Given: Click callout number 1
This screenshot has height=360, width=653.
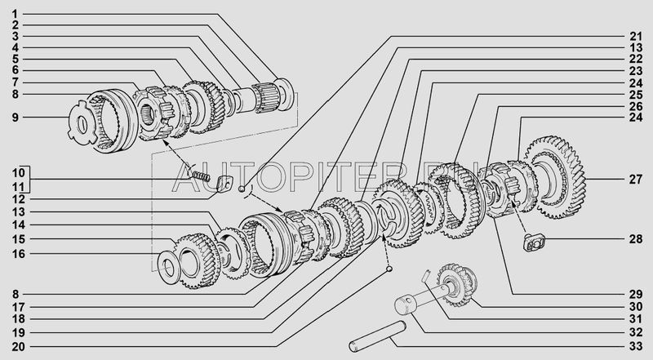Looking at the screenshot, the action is pyautogui.click(x=15, y=14).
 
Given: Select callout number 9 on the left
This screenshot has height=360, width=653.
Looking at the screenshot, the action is pyautogui.click(x=15, y=117).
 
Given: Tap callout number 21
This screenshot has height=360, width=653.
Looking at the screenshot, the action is pyautogui.click(x=636, y=36).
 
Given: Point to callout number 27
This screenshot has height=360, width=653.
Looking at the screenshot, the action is pyautogui.click(x=636, y=180).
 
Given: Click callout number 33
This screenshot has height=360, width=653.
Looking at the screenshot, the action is pyautogui.click(x=636, y=346).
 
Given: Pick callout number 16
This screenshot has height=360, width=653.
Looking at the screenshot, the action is pyautogui.click(x=18, y=253).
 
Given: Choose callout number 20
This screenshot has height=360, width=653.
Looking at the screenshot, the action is pyautogui.click(x=18, y=346).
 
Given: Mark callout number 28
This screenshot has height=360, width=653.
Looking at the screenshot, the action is pyautogui.click(x=636, y=239).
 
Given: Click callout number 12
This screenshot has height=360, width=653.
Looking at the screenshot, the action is pyautogui.click(x=18, y=199).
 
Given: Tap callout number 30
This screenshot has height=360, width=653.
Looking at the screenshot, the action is pyautogui.click(x=636, y=307).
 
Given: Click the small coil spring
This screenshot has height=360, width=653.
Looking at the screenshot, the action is pyautogui.click(x=201, y=176).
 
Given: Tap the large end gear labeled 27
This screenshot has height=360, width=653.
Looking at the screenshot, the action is pyautogui.click(x=555, y=177).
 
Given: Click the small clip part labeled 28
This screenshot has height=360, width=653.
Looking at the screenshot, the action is pyautogui.click(x=534, y=243).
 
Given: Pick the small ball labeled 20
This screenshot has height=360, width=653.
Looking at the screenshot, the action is pyautogui.click(x=389, y=269).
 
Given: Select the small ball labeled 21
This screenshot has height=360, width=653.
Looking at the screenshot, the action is pyautogui.click(x=241, y=189).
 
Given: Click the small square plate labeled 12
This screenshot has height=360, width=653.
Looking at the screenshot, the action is pyautogui.click(x=224, y=184).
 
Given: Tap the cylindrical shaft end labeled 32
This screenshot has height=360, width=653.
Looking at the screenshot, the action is pyautogui.click(x=406, y=306).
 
